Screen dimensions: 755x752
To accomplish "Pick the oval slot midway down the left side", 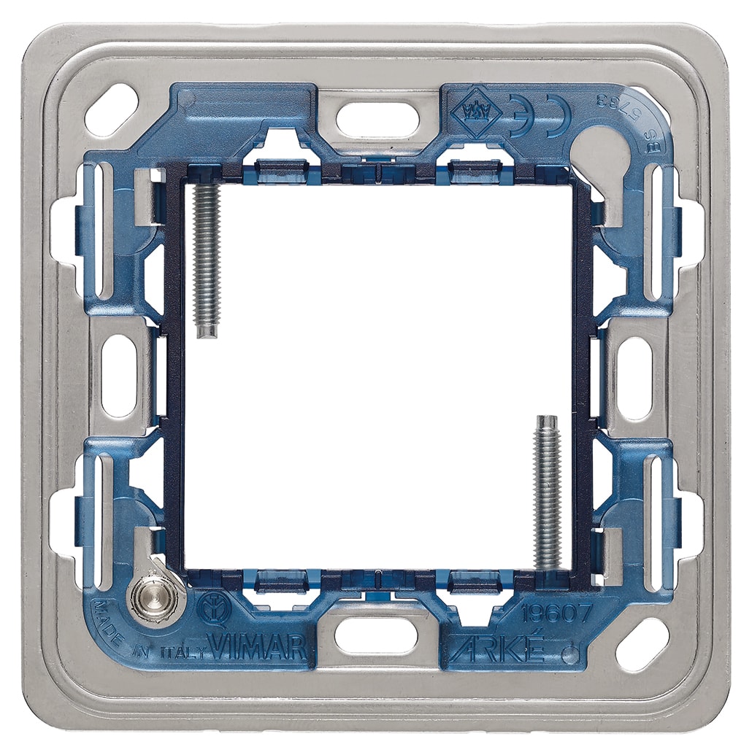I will [x=119, y=377].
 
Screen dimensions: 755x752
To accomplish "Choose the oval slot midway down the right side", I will [x=634, y=377].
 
